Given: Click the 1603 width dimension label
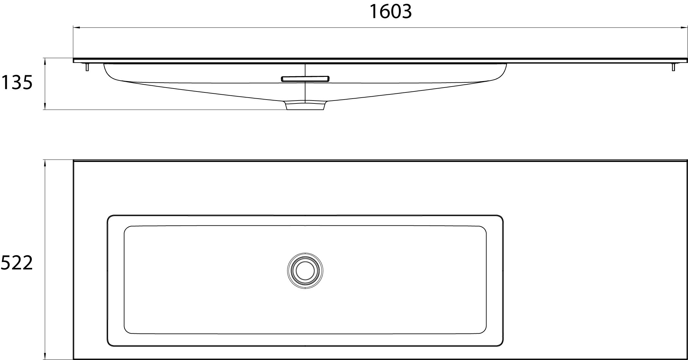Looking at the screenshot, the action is tap(390, 12).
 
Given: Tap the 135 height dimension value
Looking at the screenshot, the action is tap(17, 83).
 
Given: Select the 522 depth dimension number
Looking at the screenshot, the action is tap(17, 263).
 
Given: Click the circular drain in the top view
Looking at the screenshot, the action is tap(305, 270).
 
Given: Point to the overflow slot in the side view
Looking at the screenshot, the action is tap(305, 79).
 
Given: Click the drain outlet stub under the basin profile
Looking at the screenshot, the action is tap(305, 106).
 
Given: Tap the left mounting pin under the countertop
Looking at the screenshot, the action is tap(87, 67).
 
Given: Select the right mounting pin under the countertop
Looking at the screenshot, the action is tap(673, 67).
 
